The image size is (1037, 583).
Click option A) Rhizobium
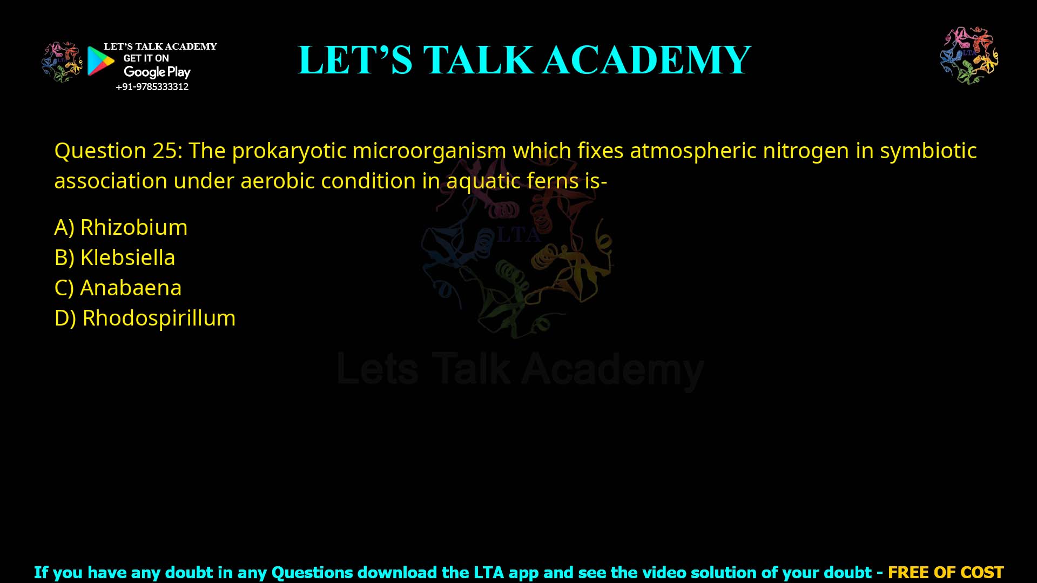coord(121,227)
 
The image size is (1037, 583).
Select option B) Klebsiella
coord(115,257)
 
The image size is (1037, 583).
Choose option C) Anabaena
coord(118,288)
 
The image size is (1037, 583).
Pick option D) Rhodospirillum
coord(145,318)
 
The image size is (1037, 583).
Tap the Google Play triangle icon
coord(100,61)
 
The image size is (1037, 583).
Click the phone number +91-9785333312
coord(152,87)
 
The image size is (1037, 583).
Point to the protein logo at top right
coord(969,55)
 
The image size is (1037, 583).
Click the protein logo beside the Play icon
coord(62,62)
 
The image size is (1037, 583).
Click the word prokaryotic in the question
coord(288,151)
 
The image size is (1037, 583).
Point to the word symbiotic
coord(928,151)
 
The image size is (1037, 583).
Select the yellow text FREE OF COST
coord(945,572)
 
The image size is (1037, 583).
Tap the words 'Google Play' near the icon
coord(157,72)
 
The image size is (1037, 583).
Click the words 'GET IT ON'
coord(146,58)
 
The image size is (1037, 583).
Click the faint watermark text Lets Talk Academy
coord(520,369)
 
